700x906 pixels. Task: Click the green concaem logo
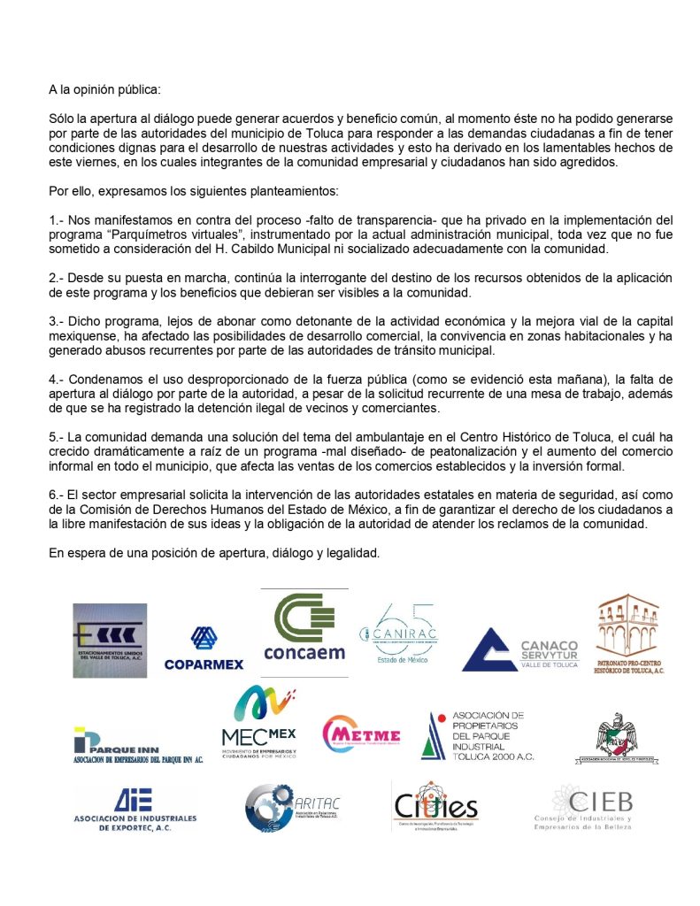click(x=304, y=628)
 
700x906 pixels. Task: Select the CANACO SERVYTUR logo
click(x=520, y=649)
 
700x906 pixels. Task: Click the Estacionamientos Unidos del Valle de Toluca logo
click(x=110, y=640)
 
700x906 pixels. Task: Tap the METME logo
click(x=361, y=734)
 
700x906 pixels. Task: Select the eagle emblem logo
click(x=619, y=737)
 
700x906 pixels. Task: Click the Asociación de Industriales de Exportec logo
click(x=135, y=809)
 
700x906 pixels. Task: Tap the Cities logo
click(x=435, y=805)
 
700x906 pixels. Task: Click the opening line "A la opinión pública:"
click(x=105, y=90)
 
